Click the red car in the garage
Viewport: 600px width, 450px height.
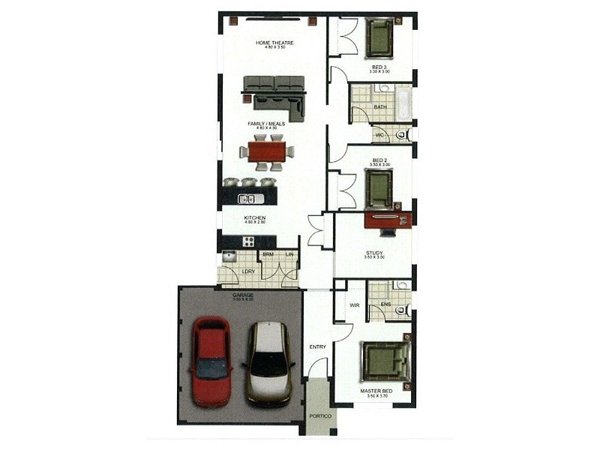tap(211, 361)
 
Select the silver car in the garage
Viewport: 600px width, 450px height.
tap(268, 363)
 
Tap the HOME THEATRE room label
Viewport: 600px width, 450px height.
tap(274, 43)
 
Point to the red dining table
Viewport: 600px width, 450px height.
tap(266, 151)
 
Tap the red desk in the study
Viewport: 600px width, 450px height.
tap(388, 220)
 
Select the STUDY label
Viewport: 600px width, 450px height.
tap(374, 253)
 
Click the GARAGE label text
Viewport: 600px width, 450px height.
tap(242, 295)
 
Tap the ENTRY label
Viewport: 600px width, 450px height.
tap(317, 346)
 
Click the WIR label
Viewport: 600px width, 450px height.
tap(355, 305)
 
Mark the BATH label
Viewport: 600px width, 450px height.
tap(380, 106)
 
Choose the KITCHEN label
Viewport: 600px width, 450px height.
tap(255, 217)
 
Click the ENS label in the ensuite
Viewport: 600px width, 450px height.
tap(386, 304)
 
